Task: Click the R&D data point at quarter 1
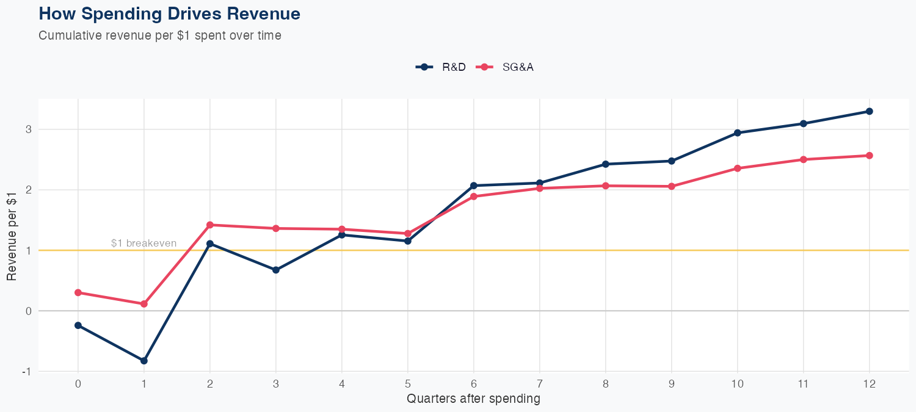click(x=144, y=361)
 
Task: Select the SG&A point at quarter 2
click(x=210, y=225)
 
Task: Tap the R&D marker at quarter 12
click(x=869, y=111)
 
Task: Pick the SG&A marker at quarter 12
click(x=869, y=156)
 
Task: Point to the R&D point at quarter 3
click(x=276, y=270)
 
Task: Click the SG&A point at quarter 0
click(x=78, y=292)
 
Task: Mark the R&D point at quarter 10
click(x=738, y=132)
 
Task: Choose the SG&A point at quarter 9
click(x=672, y=186)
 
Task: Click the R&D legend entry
click(x=441, y=67)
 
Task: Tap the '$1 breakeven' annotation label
click(x=144, y=243)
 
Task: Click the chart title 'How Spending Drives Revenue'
click(x=169, y=13)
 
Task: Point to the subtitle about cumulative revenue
click(x=160, y=35)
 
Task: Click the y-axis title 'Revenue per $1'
click(x=12, y=235)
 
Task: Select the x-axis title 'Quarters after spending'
click(x=473, y=399)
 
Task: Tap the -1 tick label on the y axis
click(x=26, y=371)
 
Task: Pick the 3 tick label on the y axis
click(x=28, y=129)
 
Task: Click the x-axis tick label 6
click(x=474, y=384)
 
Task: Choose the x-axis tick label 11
click(x=803, y=384)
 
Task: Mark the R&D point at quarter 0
click(x=78, y=325)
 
